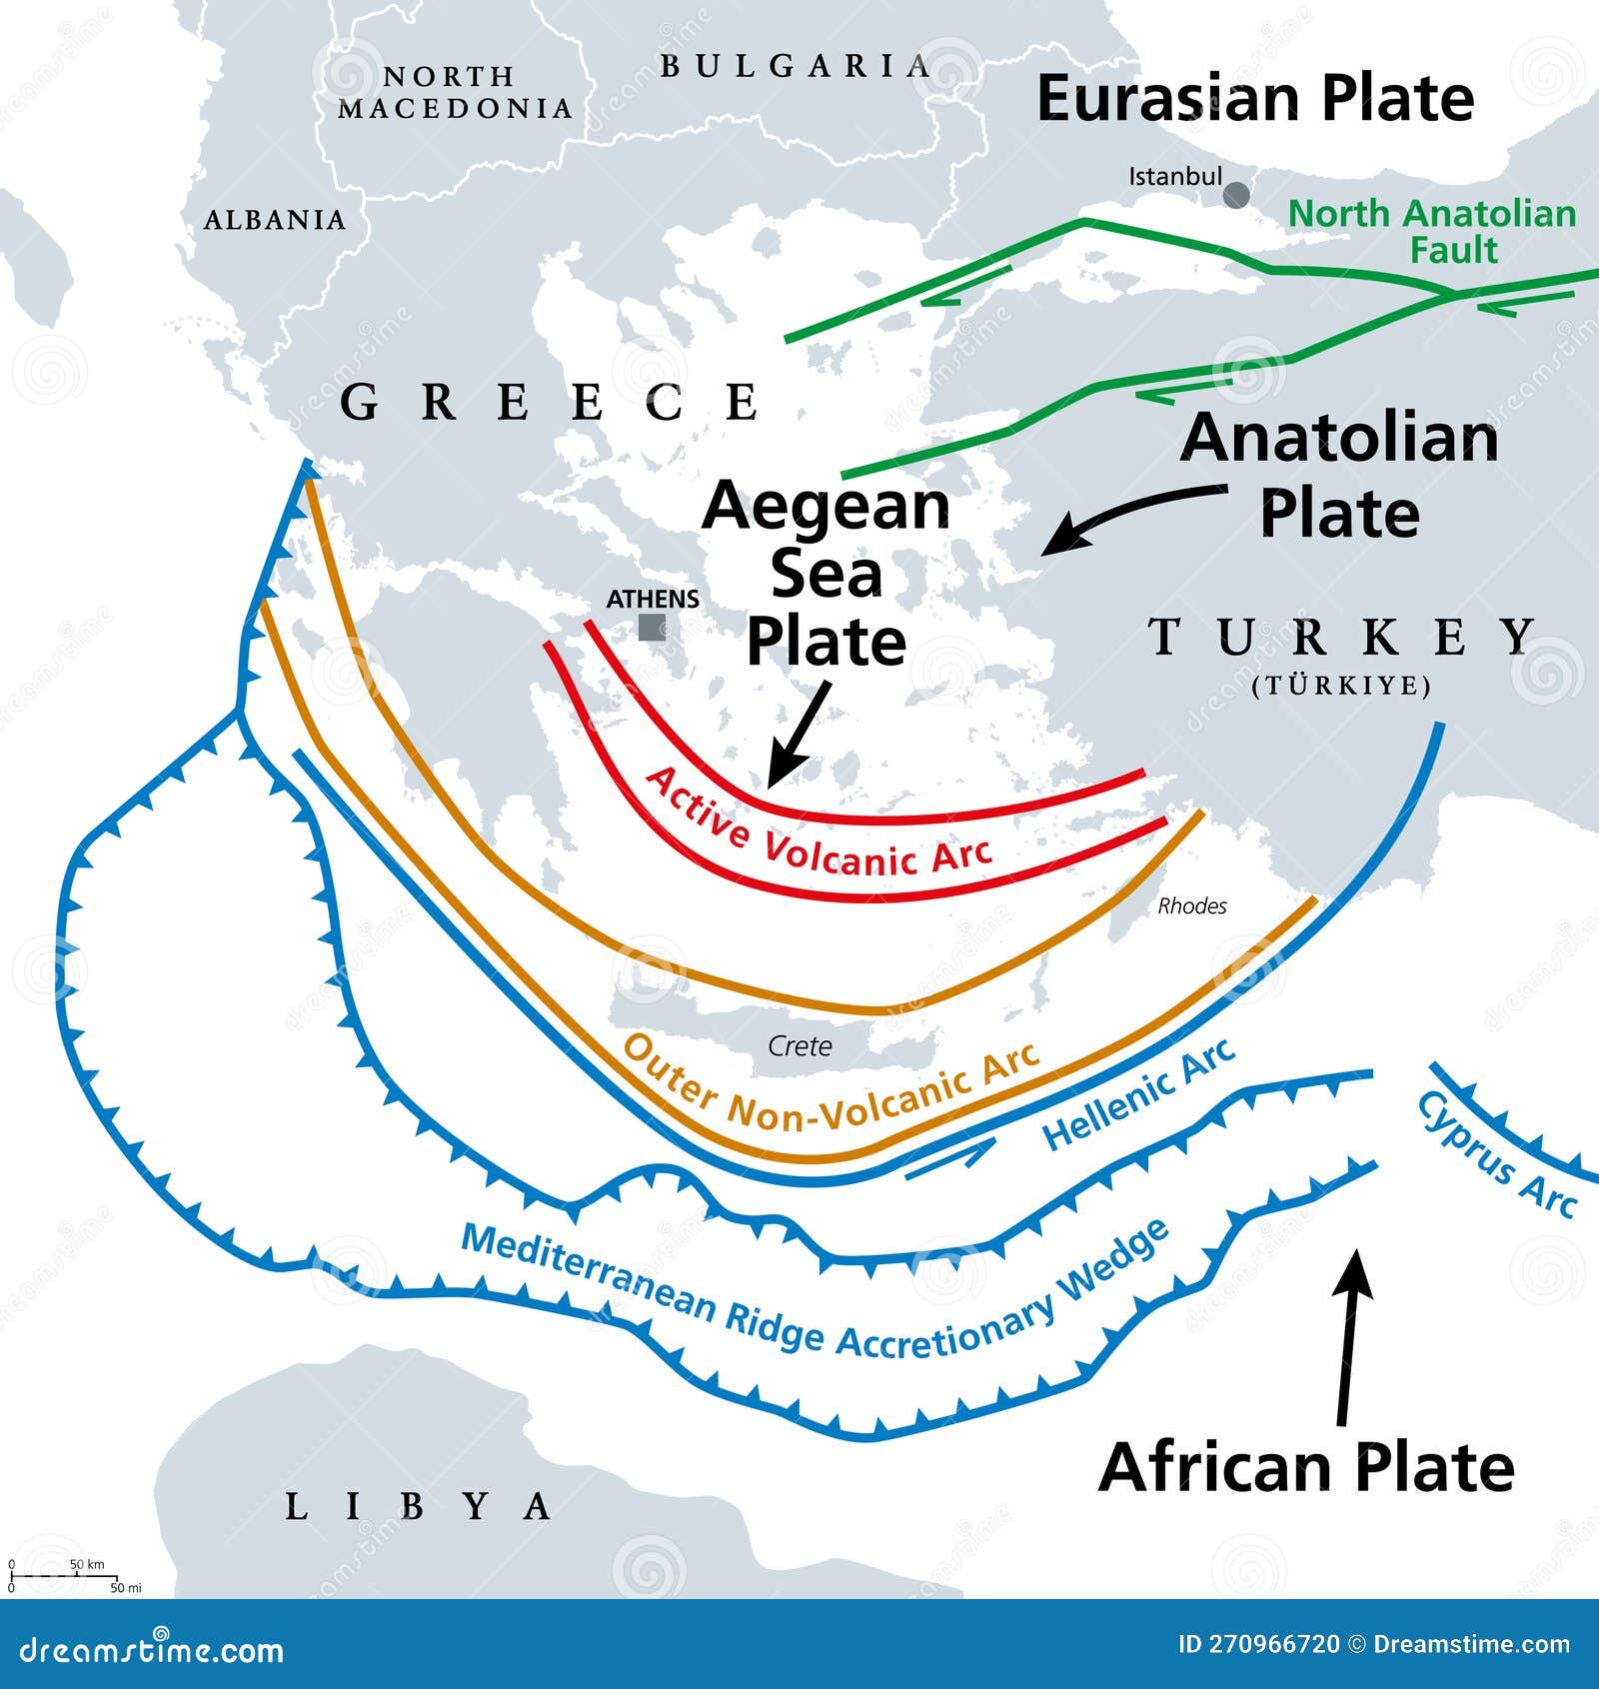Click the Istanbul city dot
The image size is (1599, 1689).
(x=1236, y=194)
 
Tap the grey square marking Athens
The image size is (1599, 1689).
(x=653, y=628)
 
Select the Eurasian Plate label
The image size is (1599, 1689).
(x=1255, y=99)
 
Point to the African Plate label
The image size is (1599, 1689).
(x=1306, y=1467)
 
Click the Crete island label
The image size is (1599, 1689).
(x=799, y=1046)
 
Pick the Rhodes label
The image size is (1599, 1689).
(x=1192, y=906)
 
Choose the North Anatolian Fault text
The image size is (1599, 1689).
(x=1432, y=231)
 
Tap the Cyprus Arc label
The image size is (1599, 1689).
(x=1496, y=1154)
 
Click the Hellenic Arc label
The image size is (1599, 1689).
(x=1138, y=1095)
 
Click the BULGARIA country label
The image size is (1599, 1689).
(x=796, y=67)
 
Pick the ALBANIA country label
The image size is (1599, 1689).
(x=275, y=220)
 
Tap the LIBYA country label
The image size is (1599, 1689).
(x=418, y=1506)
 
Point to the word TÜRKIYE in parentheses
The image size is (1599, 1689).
(x=1341, y=686)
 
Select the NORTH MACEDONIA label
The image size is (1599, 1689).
(x=455, y=92)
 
